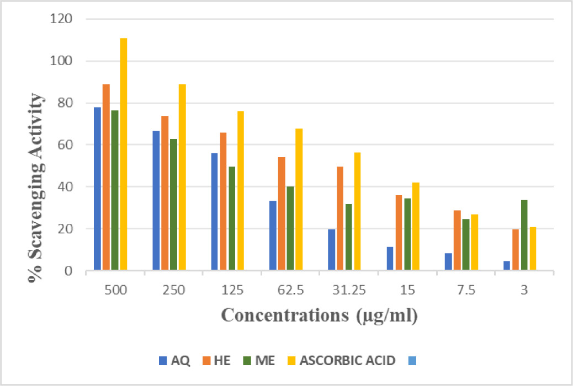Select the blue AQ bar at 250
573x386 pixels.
(x=156, y=201)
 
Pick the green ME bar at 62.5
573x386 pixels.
(x=290, y=229)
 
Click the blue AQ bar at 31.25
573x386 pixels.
(x=331, y=250)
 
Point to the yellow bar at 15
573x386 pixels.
(x=416, y=227)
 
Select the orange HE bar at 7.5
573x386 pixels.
(x=457, y=240)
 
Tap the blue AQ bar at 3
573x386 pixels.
(x=507, y=266)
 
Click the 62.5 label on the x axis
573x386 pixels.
(x=287, y=290)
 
